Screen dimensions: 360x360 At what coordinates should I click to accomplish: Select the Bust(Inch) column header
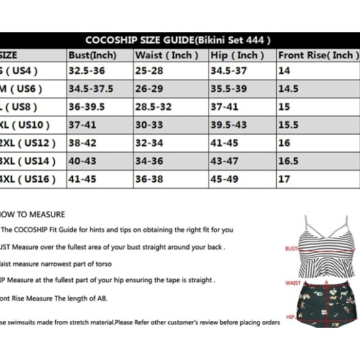point(93,55)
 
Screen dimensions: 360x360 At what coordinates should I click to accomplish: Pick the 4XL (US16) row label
point(27,179)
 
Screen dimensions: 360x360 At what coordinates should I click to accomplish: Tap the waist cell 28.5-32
point(153,107)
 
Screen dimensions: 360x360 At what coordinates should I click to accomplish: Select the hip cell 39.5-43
point(228,125)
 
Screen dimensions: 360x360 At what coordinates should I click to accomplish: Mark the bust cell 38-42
point(83,143)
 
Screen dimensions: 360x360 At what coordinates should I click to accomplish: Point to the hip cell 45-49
point(224,179)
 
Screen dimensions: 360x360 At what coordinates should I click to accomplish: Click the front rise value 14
point(284,71)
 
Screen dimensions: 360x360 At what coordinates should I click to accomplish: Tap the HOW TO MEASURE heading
point(34,214)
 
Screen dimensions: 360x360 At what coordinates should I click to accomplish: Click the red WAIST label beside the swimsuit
point(293,282)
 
